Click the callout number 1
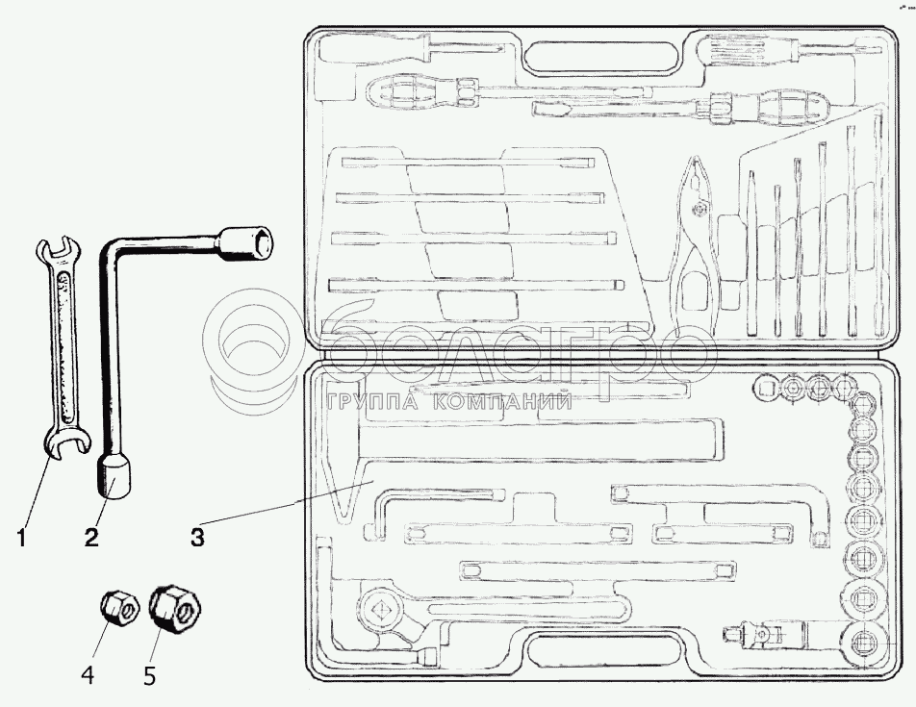(x=20, y=538)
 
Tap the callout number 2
(x=91, y=538)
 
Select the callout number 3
(x=196, y=538)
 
